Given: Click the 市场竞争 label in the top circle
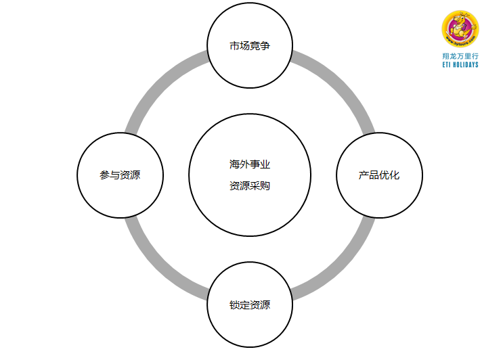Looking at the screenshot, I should coord(250,47).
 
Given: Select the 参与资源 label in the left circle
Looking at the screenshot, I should coord(120,175).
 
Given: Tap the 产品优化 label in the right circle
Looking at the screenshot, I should coord(379,175).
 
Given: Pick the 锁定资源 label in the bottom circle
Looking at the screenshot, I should coord(250,305).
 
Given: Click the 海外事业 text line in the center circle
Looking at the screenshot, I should coord(250,164).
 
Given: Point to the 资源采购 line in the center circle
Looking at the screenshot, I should coord(250,185).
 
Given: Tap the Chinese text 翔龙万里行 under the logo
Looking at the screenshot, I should coord(460,56).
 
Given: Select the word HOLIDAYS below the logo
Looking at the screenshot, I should coord(466,65).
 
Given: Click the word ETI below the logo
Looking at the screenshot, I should coord(447,65).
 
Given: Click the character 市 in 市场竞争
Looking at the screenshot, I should coord(234,47).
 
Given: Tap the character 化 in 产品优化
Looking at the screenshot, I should coord(395,175).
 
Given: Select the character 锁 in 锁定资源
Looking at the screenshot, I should coord(234,305).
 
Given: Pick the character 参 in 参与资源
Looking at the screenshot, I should coord(104,175).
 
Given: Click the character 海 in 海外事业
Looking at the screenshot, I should coord(234,164).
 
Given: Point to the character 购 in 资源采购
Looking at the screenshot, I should coord(265,185).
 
